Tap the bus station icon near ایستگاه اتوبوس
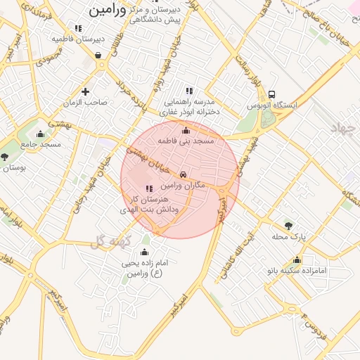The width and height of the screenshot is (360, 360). (272, 95)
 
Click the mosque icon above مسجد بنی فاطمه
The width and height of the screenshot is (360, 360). (186, 130)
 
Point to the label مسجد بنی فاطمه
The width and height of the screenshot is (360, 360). (186, 141)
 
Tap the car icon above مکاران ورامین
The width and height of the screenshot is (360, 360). (183, 174)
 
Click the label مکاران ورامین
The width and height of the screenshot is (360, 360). (182, 185)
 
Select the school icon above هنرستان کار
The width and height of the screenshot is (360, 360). (148, 188)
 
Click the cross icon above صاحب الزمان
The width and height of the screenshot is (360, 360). (85, 91)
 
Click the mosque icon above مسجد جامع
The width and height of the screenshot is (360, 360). (40, 134)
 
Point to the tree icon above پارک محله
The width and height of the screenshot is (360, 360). (288, 226)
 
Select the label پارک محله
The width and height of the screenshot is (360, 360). (290, 237)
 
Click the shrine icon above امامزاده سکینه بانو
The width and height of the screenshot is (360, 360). (297, 260)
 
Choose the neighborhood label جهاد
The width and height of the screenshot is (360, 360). (345, 127)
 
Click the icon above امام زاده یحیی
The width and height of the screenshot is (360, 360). (145, 252)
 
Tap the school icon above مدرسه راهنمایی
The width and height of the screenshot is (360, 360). (188, 91)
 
